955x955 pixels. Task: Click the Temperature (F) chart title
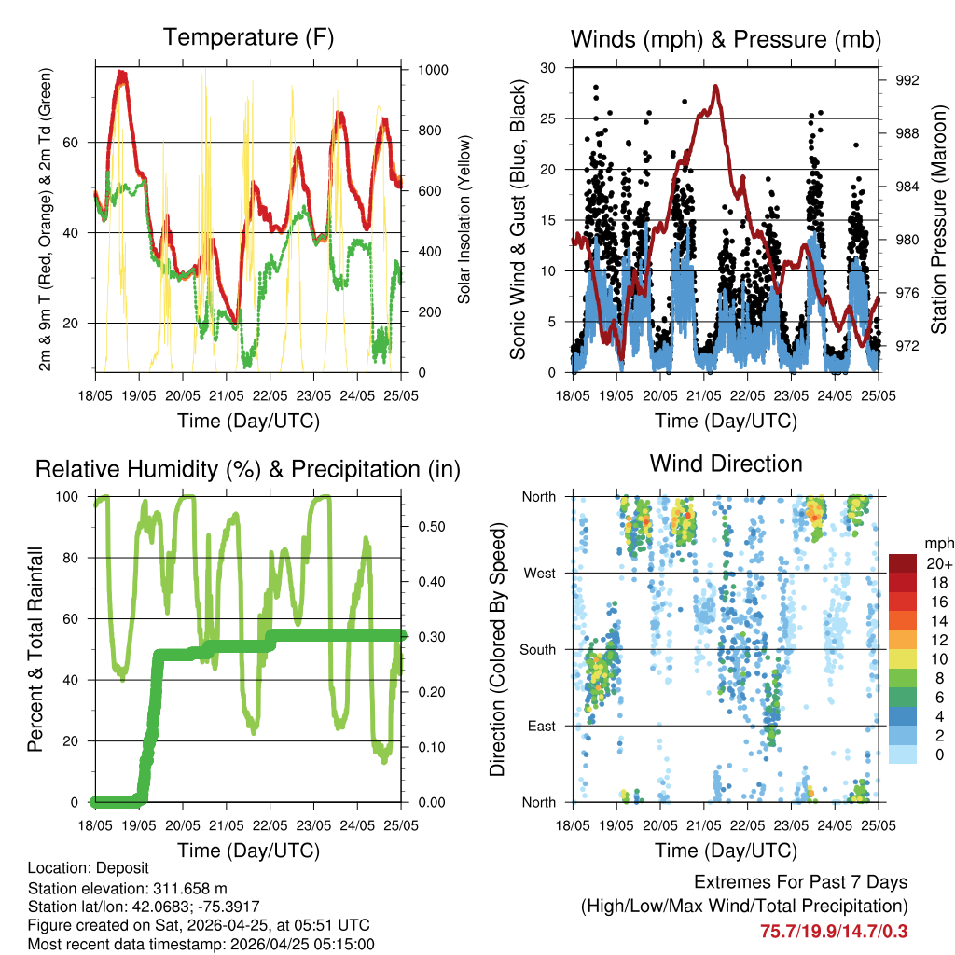[x=248, y=38]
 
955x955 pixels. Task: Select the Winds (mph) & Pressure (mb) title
[x=726, y=39]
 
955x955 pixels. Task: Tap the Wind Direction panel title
[x=726, y=464]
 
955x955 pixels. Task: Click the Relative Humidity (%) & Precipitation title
[x=248, y=469]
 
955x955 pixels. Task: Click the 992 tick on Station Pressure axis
[x=907, y=80]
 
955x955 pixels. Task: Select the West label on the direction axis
[x=539, y=573]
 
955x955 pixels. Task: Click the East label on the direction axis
[x=540, y=726]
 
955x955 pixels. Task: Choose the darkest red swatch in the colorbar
[x=903, y=563]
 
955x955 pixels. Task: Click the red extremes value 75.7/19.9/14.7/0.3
[x=834, y=931]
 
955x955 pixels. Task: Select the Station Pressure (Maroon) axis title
[x=939, y=220]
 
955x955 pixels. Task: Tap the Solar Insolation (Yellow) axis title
[x=464, y=220]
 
